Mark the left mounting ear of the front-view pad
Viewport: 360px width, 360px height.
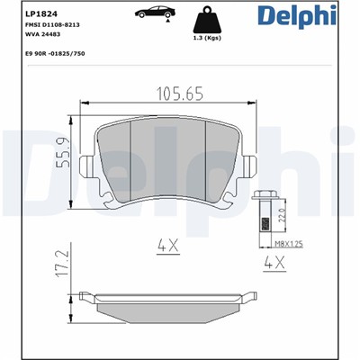[87, 168]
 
